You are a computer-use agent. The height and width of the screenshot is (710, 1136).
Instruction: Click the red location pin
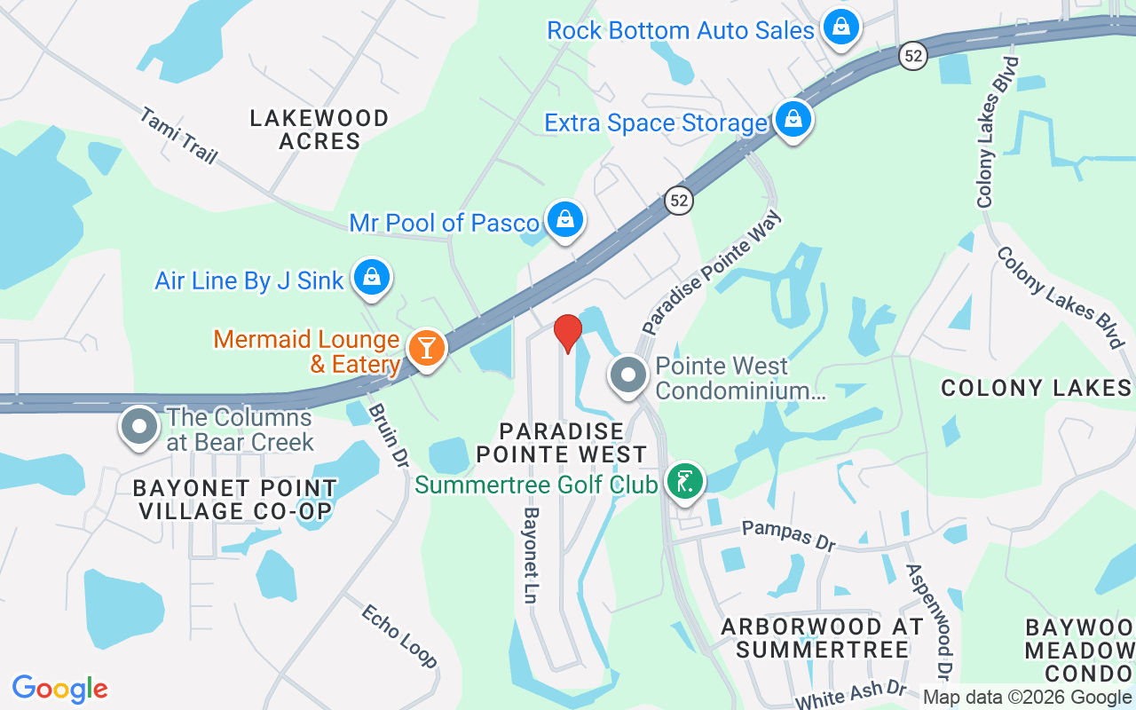click(x=568, y=333)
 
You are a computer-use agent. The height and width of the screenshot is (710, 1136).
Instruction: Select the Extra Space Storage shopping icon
click(x=793, y=119)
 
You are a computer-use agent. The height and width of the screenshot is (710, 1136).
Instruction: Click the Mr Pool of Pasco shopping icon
click(x=564, y=218)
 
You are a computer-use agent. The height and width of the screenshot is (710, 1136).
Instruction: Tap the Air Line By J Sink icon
click(x=372, y=278)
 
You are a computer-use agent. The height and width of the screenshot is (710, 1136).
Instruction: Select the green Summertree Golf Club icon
click(x=684, y=482)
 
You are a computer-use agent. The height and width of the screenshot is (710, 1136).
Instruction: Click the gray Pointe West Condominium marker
click(x=628, y=375)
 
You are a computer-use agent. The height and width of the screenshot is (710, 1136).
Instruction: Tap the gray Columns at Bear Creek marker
click(x=138, y=426)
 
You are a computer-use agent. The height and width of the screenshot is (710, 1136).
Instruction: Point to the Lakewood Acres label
click(x=319, y=130)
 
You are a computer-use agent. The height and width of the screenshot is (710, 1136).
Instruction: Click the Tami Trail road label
click(x=178, y=135)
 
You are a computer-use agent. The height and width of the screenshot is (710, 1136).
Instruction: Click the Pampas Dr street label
click(x=789, y=535)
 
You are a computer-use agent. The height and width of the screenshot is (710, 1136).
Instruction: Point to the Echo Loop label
click(x=399, y=635)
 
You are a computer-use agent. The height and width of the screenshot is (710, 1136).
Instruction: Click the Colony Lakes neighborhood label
click(x=1036, y=388)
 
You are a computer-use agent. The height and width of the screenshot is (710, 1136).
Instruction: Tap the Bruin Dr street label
click(x=388, y=434)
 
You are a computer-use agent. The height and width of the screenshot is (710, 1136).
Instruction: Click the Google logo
click(x=59, y=689)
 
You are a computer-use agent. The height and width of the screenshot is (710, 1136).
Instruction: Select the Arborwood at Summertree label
click(x=823, y=637)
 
